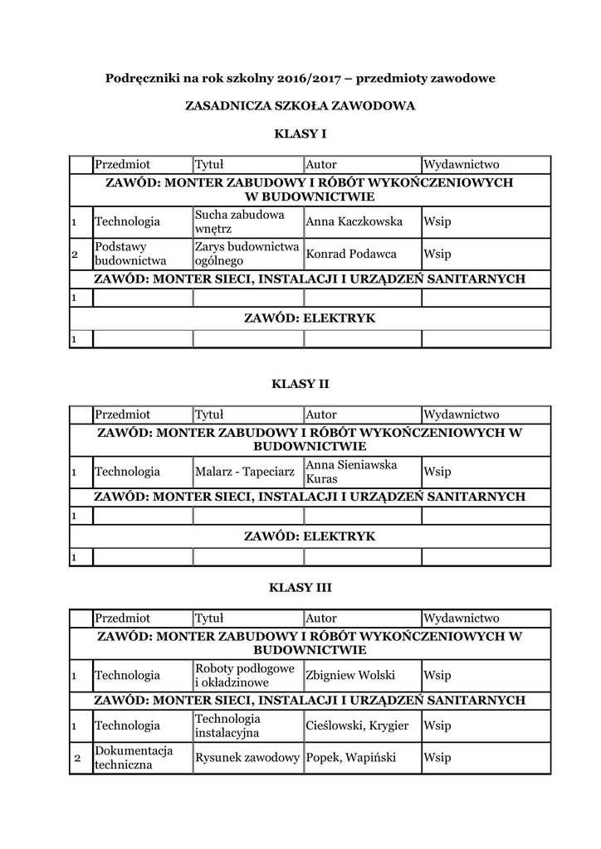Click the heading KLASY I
300,133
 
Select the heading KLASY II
300,384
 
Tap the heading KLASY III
300,588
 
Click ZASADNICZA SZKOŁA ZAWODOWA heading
300,106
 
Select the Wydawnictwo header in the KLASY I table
462,164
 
